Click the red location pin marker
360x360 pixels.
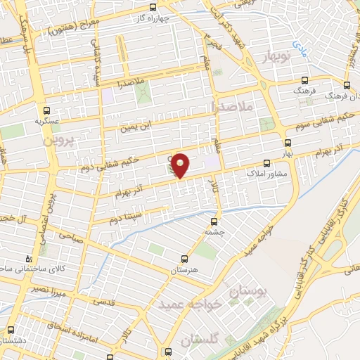[x=181, y=165]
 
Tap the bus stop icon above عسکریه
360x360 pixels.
[x=46, y=110]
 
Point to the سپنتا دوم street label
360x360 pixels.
[x=127, y=216]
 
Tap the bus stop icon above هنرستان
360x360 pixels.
[x=184, y=259]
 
